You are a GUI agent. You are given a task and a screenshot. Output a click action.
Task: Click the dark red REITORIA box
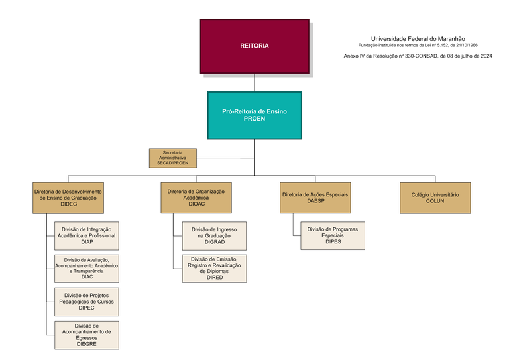coord(254,46)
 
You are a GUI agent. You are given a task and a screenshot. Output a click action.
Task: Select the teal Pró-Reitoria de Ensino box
coord(254,115)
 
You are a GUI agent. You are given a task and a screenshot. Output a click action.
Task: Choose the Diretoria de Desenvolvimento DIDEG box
coord(69,198)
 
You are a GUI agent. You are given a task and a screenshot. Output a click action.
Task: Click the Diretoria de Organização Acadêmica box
coord(196,198)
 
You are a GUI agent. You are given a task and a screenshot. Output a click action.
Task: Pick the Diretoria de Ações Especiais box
coord(315,198)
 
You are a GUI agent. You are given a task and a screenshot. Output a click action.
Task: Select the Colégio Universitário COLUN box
coord(435,198)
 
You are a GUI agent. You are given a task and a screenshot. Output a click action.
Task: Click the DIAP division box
coord(87,235)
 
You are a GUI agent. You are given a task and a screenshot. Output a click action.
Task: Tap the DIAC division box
coord(87,267)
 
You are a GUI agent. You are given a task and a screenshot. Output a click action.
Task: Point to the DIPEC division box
coord(87,301)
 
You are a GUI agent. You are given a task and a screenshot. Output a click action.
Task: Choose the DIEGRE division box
coord(87,335)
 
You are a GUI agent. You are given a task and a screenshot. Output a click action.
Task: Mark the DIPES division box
coord(333,235)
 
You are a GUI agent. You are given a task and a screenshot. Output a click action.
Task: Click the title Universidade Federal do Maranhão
coord(418,39)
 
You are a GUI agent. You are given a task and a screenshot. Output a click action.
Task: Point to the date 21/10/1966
coord(465,45)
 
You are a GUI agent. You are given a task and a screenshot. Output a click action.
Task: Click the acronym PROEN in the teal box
coord(254,119)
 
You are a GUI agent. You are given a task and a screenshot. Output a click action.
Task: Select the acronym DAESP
coord(315,201)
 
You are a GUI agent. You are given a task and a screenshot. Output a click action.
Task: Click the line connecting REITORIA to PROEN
coord(254,82)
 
